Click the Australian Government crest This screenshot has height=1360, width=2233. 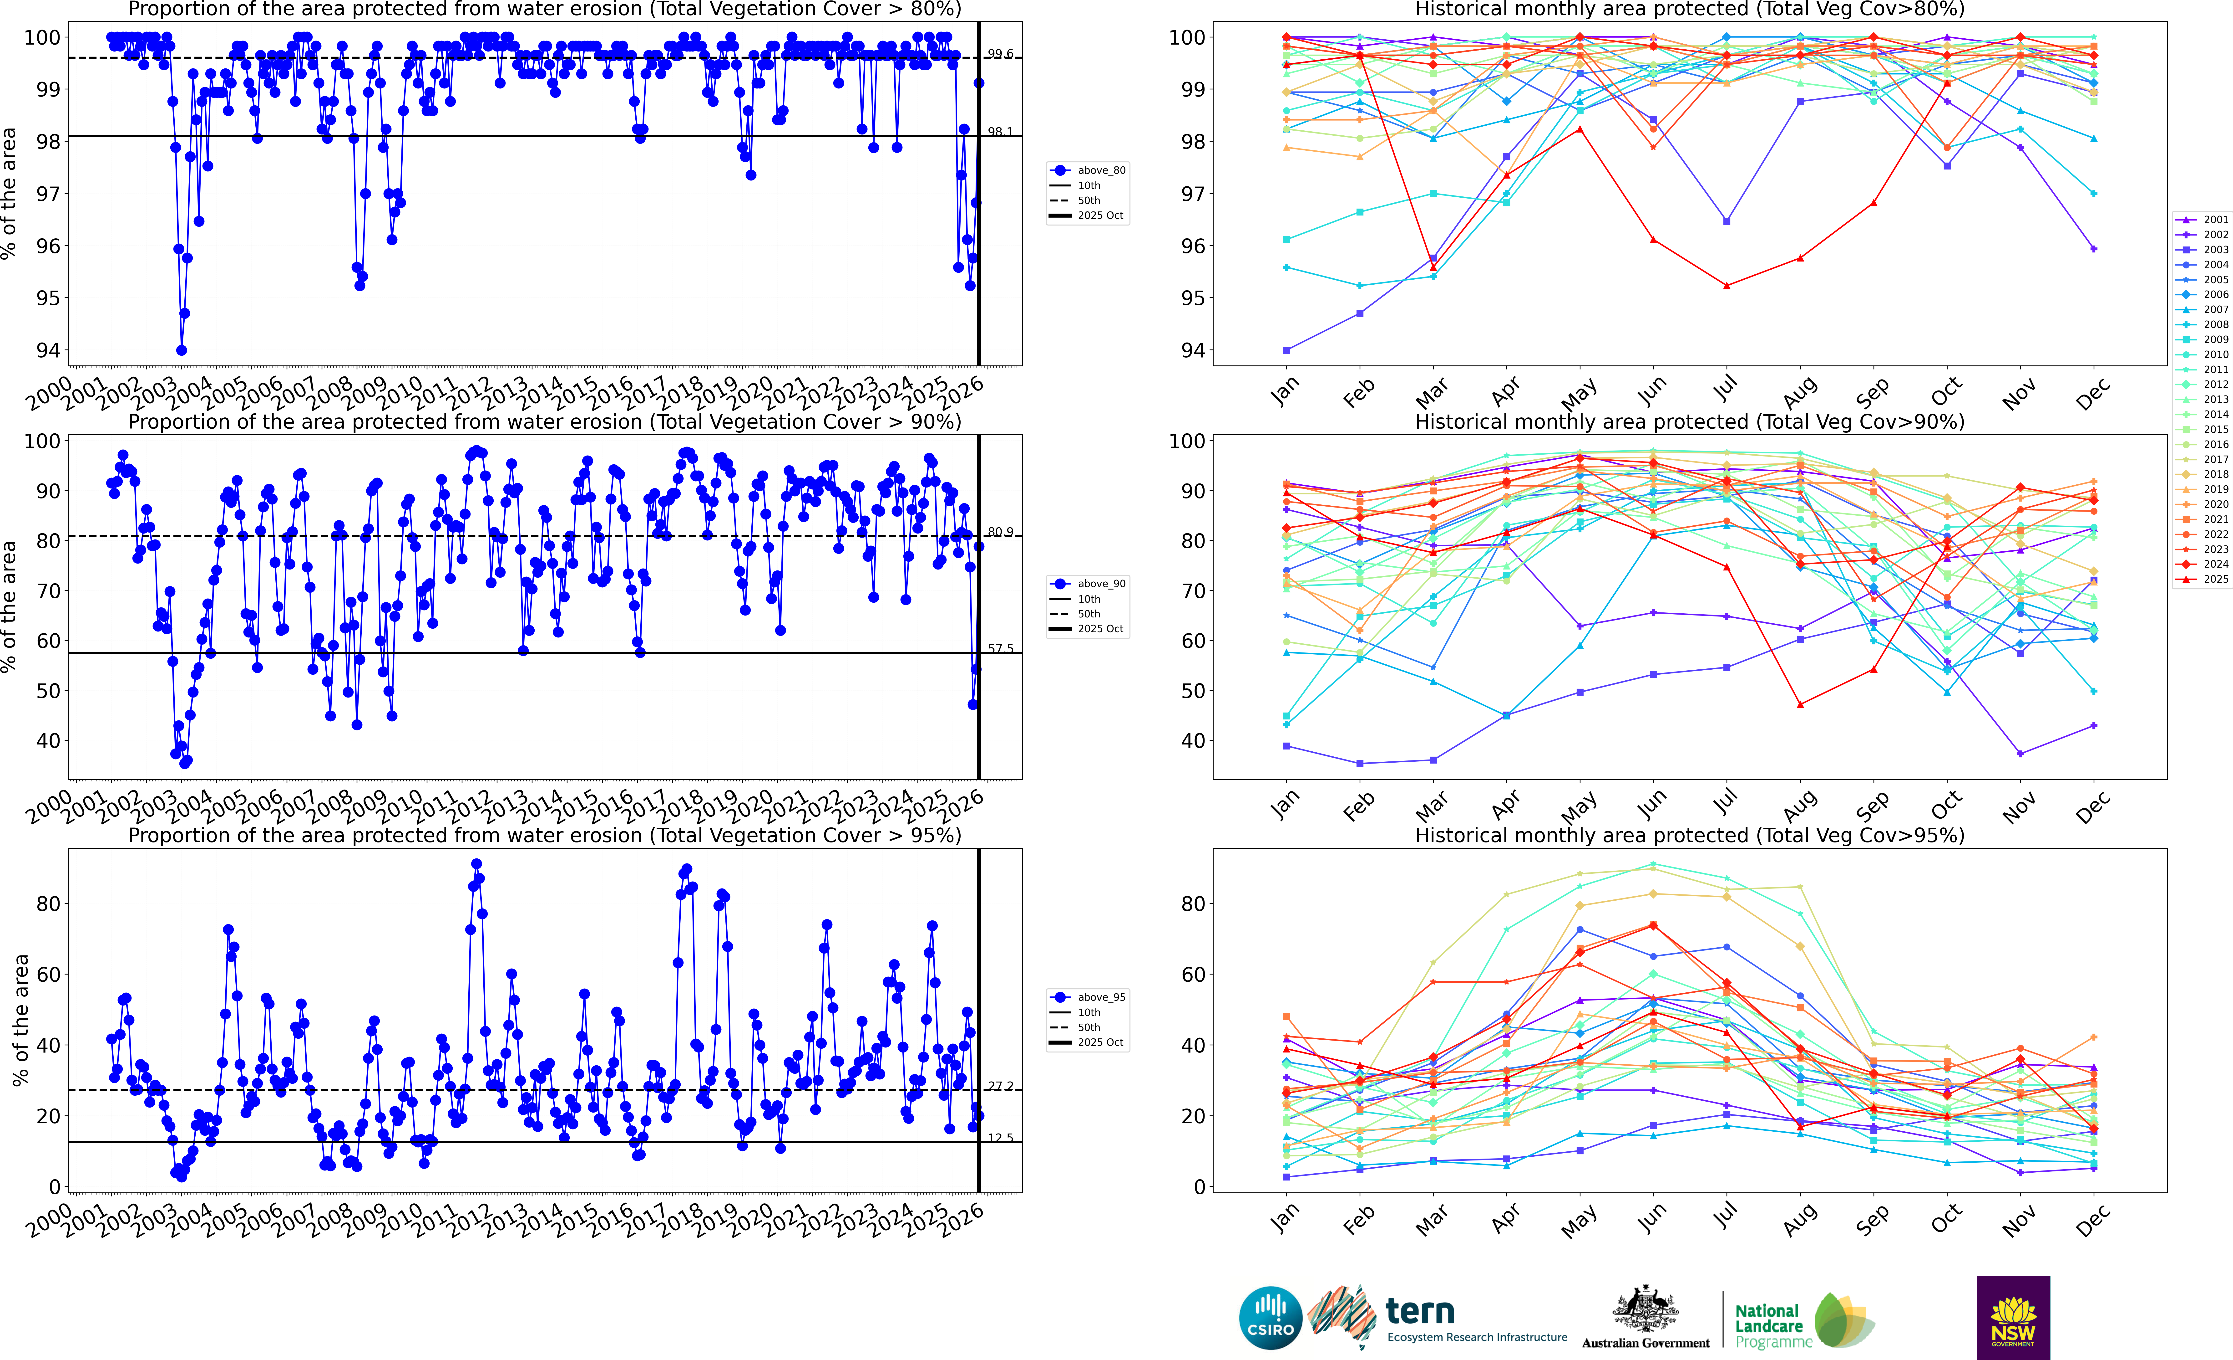(x=1645, y=1310)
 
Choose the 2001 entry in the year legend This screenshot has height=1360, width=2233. (x=2215, y=219)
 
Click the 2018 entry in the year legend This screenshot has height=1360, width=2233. (x=2215, y=474)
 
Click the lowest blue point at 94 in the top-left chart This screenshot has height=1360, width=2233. (x=181, y=350)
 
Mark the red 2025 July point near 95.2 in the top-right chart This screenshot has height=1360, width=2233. (x=1727, y=286)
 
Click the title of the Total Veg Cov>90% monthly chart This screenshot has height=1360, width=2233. (x=1689, y=422)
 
